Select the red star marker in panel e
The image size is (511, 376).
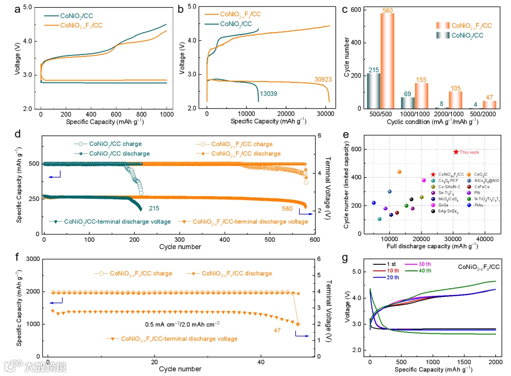[456, 152]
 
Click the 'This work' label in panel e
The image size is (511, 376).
[469, 152]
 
